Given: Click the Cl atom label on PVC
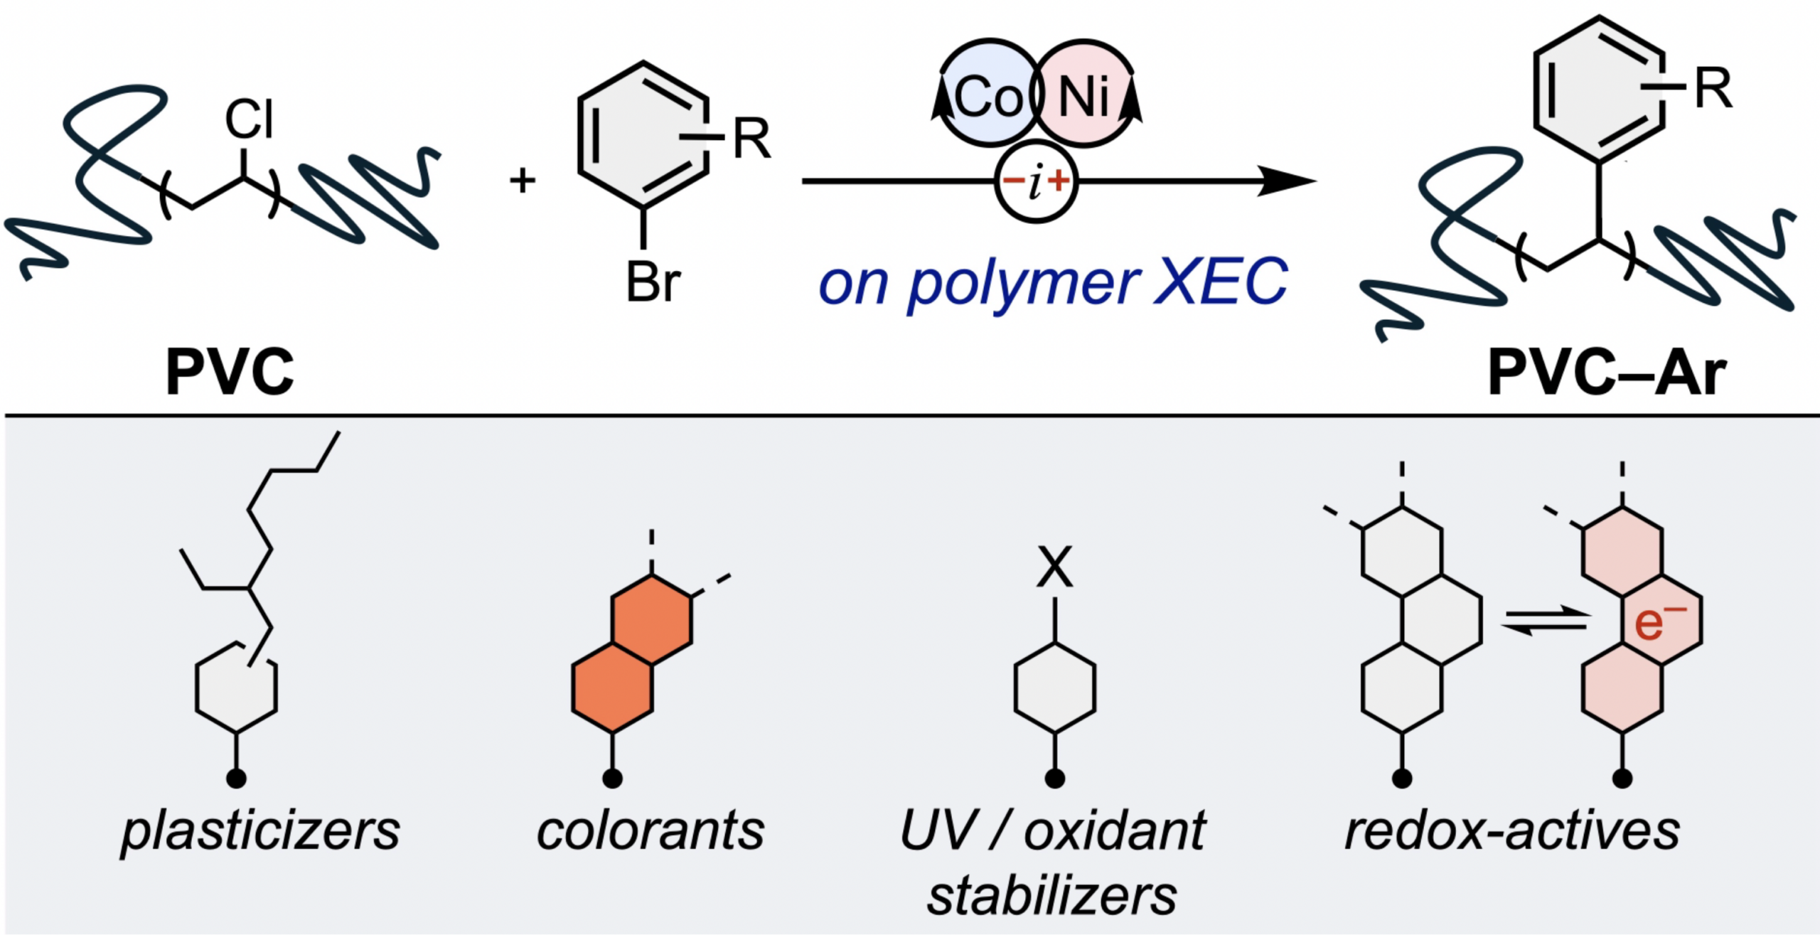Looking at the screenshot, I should coord(249,119).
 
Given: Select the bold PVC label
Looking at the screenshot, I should coord(229,372).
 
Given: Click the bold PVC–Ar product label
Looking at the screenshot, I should coord(1607,373).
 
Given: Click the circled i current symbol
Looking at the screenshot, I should coord(1036,182).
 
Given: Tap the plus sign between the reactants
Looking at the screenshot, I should coord(523,181).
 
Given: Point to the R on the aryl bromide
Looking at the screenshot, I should coord(751,139).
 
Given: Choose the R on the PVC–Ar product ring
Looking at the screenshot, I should coord(1713,89).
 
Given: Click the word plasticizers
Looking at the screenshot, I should coord(260,831).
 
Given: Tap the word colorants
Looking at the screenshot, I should coord(650,830).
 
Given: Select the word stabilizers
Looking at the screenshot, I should coord(1052,896).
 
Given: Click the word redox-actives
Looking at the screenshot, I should coord(1511,830).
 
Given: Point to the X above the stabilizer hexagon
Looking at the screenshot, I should coord(1054,567).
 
